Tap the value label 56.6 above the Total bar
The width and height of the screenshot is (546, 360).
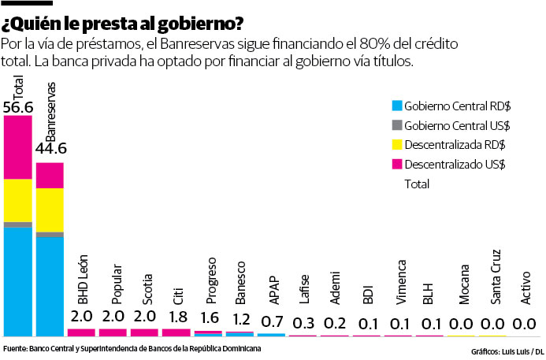coord(17,106)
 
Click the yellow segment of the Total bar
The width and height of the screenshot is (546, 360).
coord(18,200)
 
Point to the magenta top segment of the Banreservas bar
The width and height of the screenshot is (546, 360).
coord(50,175)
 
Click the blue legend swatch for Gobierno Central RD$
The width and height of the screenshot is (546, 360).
coord(397,105)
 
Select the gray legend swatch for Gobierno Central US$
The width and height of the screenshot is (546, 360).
coord(397,124)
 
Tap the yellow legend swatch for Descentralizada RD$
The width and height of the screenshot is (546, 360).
coord(397,144)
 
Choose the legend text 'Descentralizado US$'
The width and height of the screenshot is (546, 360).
coord(455,164)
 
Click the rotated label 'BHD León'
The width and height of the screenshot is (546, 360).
coord(82,280)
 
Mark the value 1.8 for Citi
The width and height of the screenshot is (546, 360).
coord(176,317)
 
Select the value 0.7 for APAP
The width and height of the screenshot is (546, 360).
coord(272,321)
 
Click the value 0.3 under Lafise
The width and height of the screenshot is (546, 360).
coord(303,324)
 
